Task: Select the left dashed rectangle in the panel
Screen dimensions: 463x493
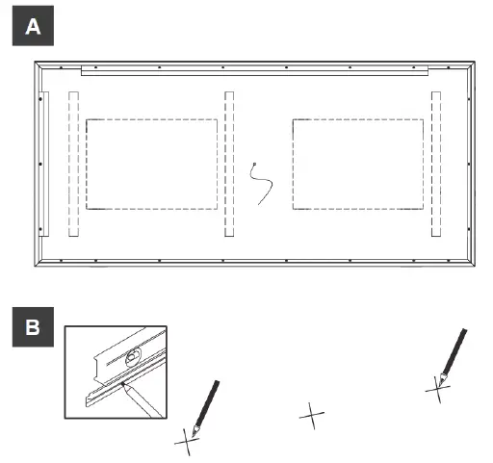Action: (x=151, y=164)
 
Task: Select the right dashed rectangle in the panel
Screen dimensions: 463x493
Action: (x=356, y=164)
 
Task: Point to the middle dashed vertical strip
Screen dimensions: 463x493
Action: (x=229, y=164)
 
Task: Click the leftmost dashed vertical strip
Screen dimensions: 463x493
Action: (x=73, y=164)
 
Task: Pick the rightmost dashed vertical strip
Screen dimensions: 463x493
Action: (x=436, y=164)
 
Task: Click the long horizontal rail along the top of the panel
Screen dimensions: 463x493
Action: (x=255, y=71)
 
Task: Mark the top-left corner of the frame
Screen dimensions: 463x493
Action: (x=36, y=64)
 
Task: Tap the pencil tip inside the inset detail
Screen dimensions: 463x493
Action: (x=125, y=390)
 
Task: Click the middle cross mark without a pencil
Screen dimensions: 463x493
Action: (x=311, y=417)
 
